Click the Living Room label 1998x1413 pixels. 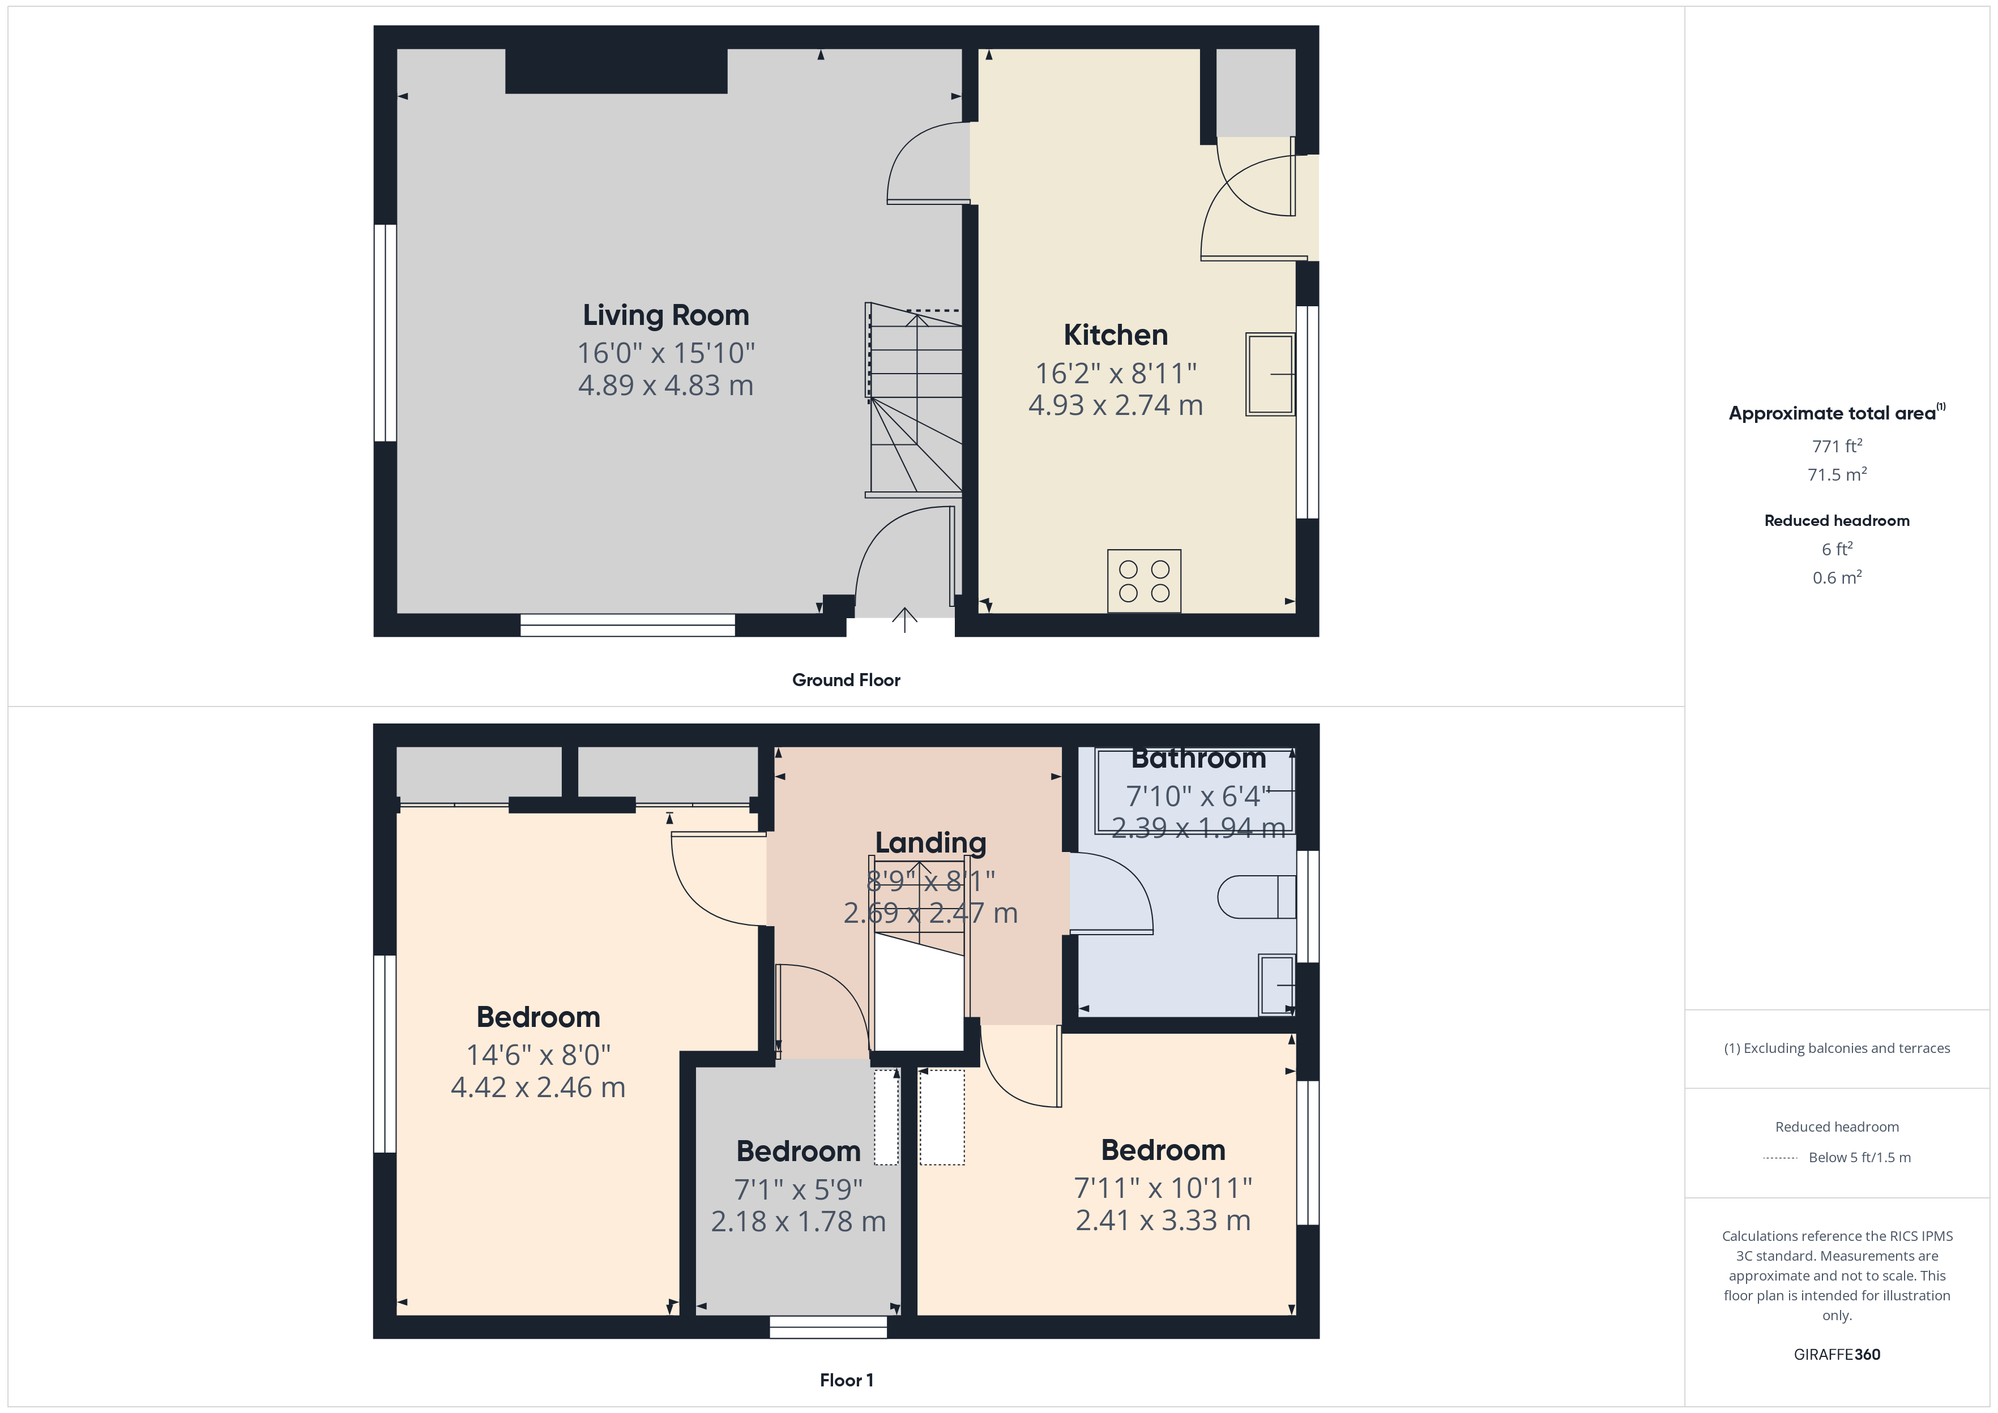(665, 315)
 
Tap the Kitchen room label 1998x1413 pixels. (1116, 335)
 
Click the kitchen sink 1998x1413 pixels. (1270, 374)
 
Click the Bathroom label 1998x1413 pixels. (1198, 759)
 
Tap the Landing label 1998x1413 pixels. (930, 842)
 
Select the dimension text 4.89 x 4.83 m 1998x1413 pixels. (665, 386)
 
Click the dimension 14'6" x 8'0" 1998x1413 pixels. (539, 1055)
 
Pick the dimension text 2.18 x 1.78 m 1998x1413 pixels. (798, 1222)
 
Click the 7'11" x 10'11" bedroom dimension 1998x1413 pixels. (1163, 1188)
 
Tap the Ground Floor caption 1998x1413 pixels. (846, 680)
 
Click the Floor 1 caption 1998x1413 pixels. (846, 1381)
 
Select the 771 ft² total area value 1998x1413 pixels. (1837, 446)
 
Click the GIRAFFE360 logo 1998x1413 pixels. (1837, 1355)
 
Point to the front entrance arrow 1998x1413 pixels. (905, 619)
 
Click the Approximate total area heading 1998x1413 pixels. (1837, 413)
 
